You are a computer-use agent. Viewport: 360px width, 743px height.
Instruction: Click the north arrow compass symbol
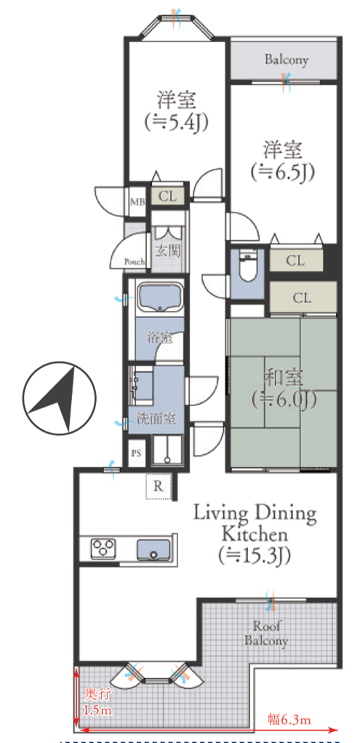59,398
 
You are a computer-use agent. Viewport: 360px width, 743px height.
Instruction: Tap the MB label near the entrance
137,202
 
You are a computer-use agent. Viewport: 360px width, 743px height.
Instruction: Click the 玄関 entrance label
168,251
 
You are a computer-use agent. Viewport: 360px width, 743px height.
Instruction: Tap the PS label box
137,453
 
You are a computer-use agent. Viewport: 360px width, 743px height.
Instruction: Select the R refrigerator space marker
159,486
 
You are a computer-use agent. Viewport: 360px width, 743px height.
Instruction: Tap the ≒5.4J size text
177,122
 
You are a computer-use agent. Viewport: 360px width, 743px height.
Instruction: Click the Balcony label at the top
287,60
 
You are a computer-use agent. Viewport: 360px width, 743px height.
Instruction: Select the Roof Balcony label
266,633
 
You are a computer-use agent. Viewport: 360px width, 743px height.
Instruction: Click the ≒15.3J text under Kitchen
255,555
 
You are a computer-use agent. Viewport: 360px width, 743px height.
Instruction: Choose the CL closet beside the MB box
167,196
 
